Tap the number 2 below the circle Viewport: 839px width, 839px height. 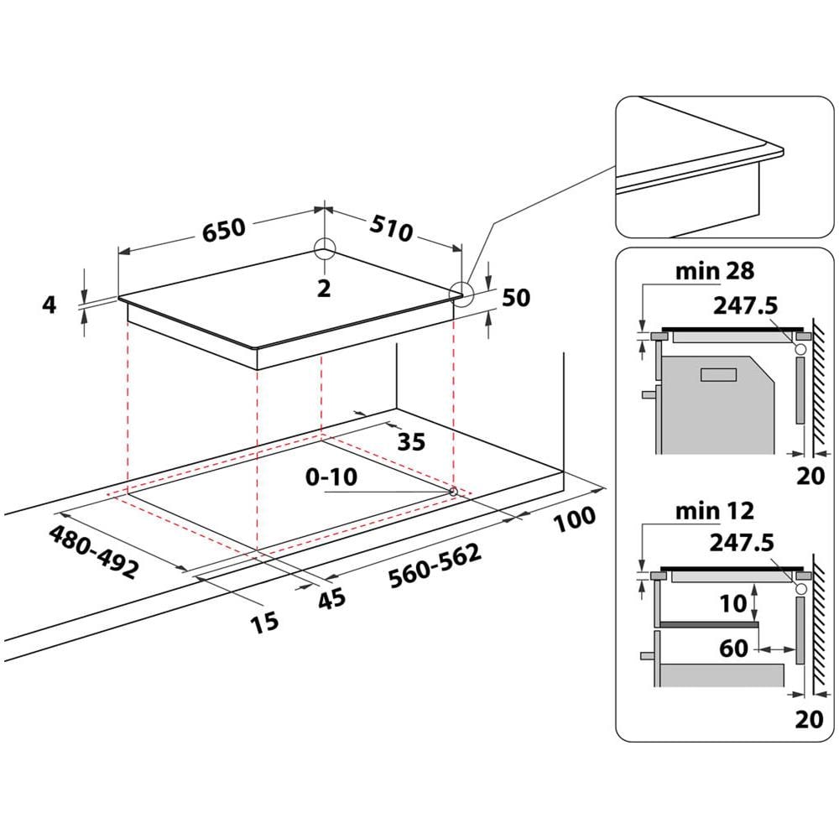tap(324, 288)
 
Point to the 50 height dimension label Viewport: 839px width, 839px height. tap(516, 297)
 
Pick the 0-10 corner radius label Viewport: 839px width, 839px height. tap(331, 477)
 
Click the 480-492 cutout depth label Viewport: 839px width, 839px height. tap(93, 552)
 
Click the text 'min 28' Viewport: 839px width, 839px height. tap(715, 270)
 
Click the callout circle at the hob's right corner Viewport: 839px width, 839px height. tap(461, 292)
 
